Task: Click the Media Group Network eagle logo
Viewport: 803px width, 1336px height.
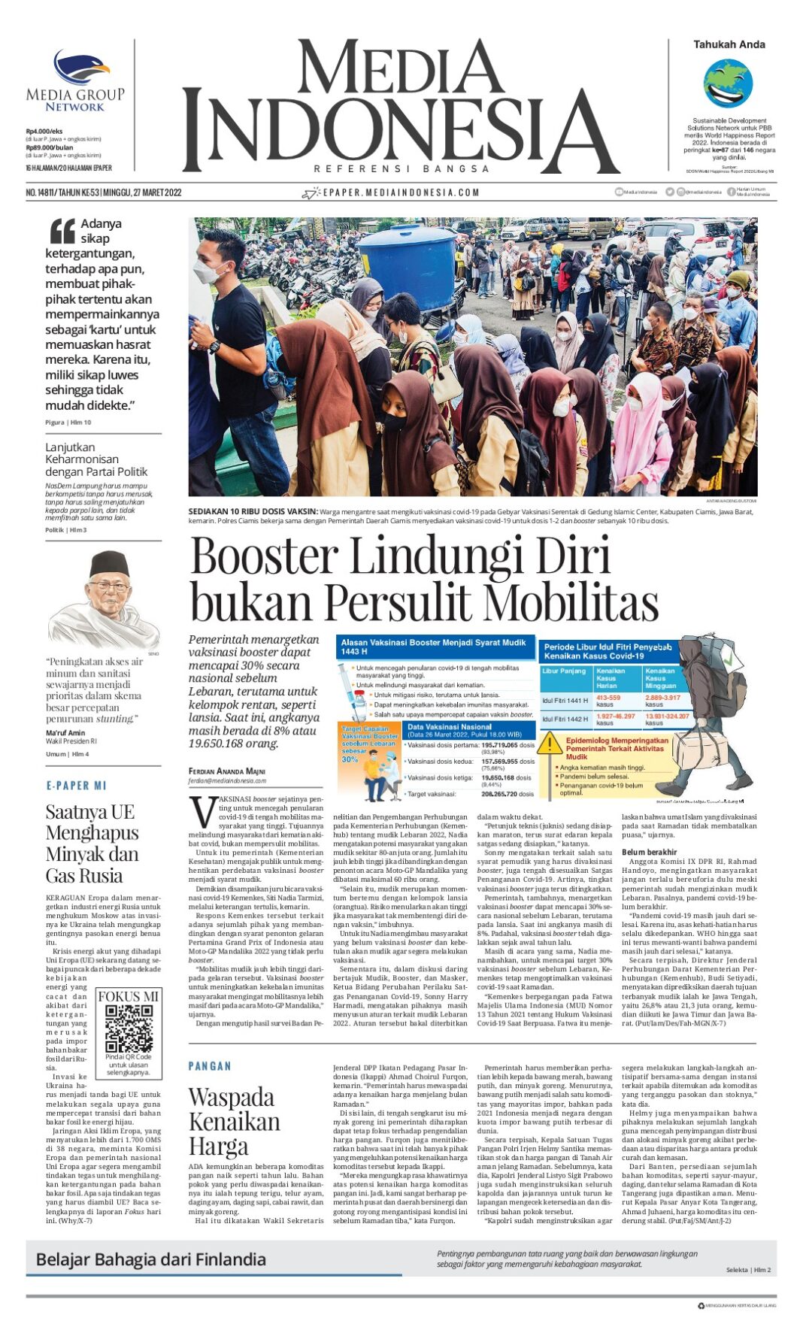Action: pos(80,67)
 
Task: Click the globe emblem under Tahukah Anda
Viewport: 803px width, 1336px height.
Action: pos(728,83)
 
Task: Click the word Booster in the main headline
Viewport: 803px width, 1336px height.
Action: pos(264,556)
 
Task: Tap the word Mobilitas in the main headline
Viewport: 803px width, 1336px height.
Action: pos(571,603)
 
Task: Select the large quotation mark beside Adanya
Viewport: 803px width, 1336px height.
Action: pos(62,231)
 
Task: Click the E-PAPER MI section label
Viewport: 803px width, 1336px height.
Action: pos(76,786)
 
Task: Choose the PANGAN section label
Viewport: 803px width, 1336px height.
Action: pos(210,1066)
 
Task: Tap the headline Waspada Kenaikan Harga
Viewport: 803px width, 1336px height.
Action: pos(234,1121)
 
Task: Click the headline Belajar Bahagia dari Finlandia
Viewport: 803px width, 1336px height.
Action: pos(151,1259)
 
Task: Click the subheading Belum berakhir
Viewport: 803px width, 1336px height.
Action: pos(649,852)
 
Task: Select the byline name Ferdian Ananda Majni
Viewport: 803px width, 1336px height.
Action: pos(227,771)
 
